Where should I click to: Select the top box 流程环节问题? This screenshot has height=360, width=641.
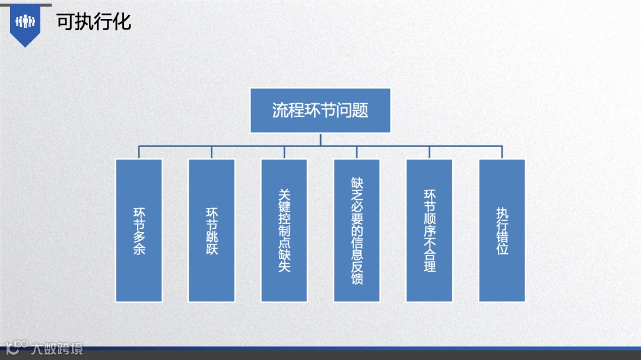pyautogui.click(x=320, y=110)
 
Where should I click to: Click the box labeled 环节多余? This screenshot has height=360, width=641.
pyautogui.click(x=139, y=230)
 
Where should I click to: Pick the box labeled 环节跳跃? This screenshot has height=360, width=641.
pyautogui.click(x=211, y=230)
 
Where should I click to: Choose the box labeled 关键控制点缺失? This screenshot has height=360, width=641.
pyautogui.click(x=284, y=230)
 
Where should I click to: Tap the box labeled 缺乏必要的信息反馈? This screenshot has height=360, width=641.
pyautogui.click(x=357, y=230)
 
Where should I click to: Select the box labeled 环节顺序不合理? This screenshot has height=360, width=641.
pyautogui.click(x=429, y=230)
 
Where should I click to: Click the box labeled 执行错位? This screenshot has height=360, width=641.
pyautogui.click(x=502, y=230)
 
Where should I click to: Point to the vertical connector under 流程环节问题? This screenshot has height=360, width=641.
pyautogui.click(x=320, y=139)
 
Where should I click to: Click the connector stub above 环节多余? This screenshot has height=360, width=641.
pyautogui.click(x=139, y=152)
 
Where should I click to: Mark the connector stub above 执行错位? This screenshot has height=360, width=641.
pyautogui.click(x=502, y=152)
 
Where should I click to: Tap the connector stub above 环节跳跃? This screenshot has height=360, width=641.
pyautogui.click(x=211, y=152)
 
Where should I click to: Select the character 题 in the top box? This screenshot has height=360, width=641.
pyautogui.click(x=360, y=111)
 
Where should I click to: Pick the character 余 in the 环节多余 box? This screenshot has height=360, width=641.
pyautogui.click(x=139, y=249)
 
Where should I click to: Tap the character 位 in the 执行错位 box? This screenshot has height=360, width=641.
pyautogui.click(x=502, y=249)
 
